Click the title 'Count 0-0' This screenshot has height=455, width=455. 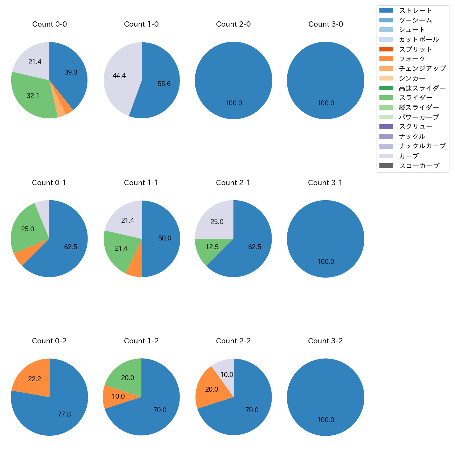coord(49,24)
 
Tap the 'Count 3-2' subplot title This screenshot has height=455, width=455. coord(325,341)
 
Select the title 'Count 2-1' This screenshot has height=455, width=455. coord(233,183)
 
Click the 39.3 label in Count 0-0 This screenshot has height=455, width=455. coord(71,72)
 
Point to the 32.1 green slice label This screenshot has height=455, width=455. coord(33,96)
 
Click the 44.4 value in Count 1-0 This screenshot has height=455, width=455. coord(119,76)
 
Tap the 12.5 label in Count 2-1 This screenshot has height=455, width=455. coord(212,247)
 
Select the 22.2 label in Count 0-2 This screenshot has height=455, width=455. coord(34,379)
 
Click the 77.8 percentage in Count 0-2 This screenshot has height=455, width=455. coord(64,414)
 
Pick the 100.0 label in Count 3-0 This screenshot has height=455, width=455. coord(325,103)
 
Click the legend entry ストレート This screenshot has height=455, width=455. coord(415,10)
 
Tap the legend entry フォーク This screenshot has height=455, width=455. coord(412,59)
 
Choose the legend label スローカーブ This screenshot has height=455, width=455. coord(419,166)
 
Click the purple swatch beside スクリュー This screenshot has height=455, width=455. coord(386,127)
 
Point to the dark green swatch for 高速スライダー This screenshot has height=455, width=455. coord(386,88)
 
